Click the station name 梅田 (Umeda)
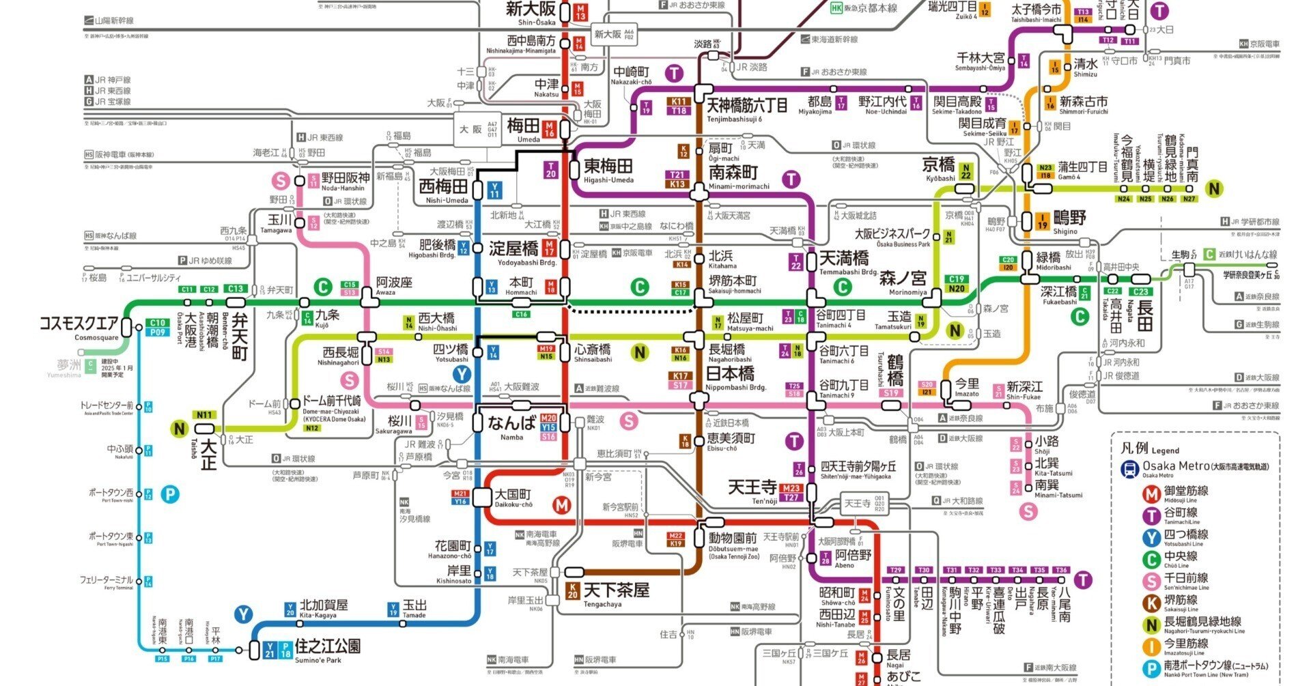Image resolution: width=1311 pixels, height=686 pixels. coord(523,126)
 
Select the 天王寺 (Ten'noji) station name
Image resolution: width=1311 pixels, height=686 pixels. coord(752,487)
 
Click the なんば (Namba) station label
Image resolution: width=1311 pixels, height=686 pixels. coord(511,423)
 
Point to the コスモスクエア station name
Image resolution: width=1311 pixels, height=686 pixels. coord(79,324)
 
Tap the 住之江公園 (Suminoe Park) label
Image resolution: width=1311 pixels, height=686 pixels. coord(328,646)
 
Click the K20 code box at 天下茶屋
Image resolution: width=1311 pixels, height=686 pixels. coord(573,590)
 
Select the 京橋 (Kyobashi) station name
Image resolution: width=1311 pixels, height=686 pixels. coord(939,165)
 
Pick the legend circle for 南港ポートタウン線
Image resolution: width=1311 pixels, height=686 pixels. coord(1152,668)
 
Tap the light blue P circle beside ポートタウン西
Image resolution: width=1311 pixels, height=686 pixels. coord(170,494)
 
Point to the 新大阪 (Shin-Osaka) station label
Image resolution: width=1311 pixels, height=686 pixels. coord(531,9)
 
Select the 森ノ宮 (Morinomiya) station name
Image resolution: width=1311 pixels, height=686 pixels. coord(903,278)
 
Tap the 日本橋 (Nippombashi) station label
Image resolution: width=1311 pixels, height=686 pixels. coord(730,373)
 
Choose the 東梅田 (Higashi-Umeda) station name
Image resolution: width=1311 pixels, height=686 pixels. coord(608,166)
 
